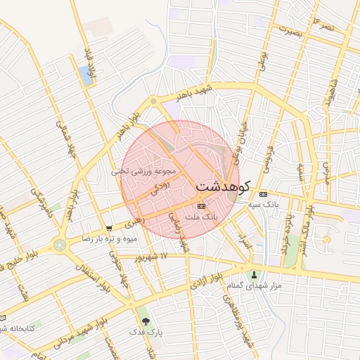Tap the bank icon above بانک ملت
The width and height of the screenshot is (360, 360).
coord(202,206)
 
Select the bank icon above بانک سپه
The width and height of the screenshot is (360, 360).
coord(263,194)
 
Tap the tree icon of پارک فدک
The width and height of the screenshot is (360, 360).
coord(146,321)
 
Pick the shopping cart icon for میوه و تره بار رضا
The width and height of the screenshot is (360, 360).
coord(108,229)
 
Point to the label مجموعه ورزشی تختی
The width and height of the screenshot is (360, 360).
coord(143,170)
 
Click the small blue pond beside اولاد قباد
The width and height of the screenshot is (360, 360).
coord(86,74)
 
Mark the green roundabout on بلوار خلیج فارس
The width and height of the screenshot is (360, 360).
coord(59,245)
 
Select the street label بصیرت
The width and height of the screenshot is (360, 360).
coord(291,30)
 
